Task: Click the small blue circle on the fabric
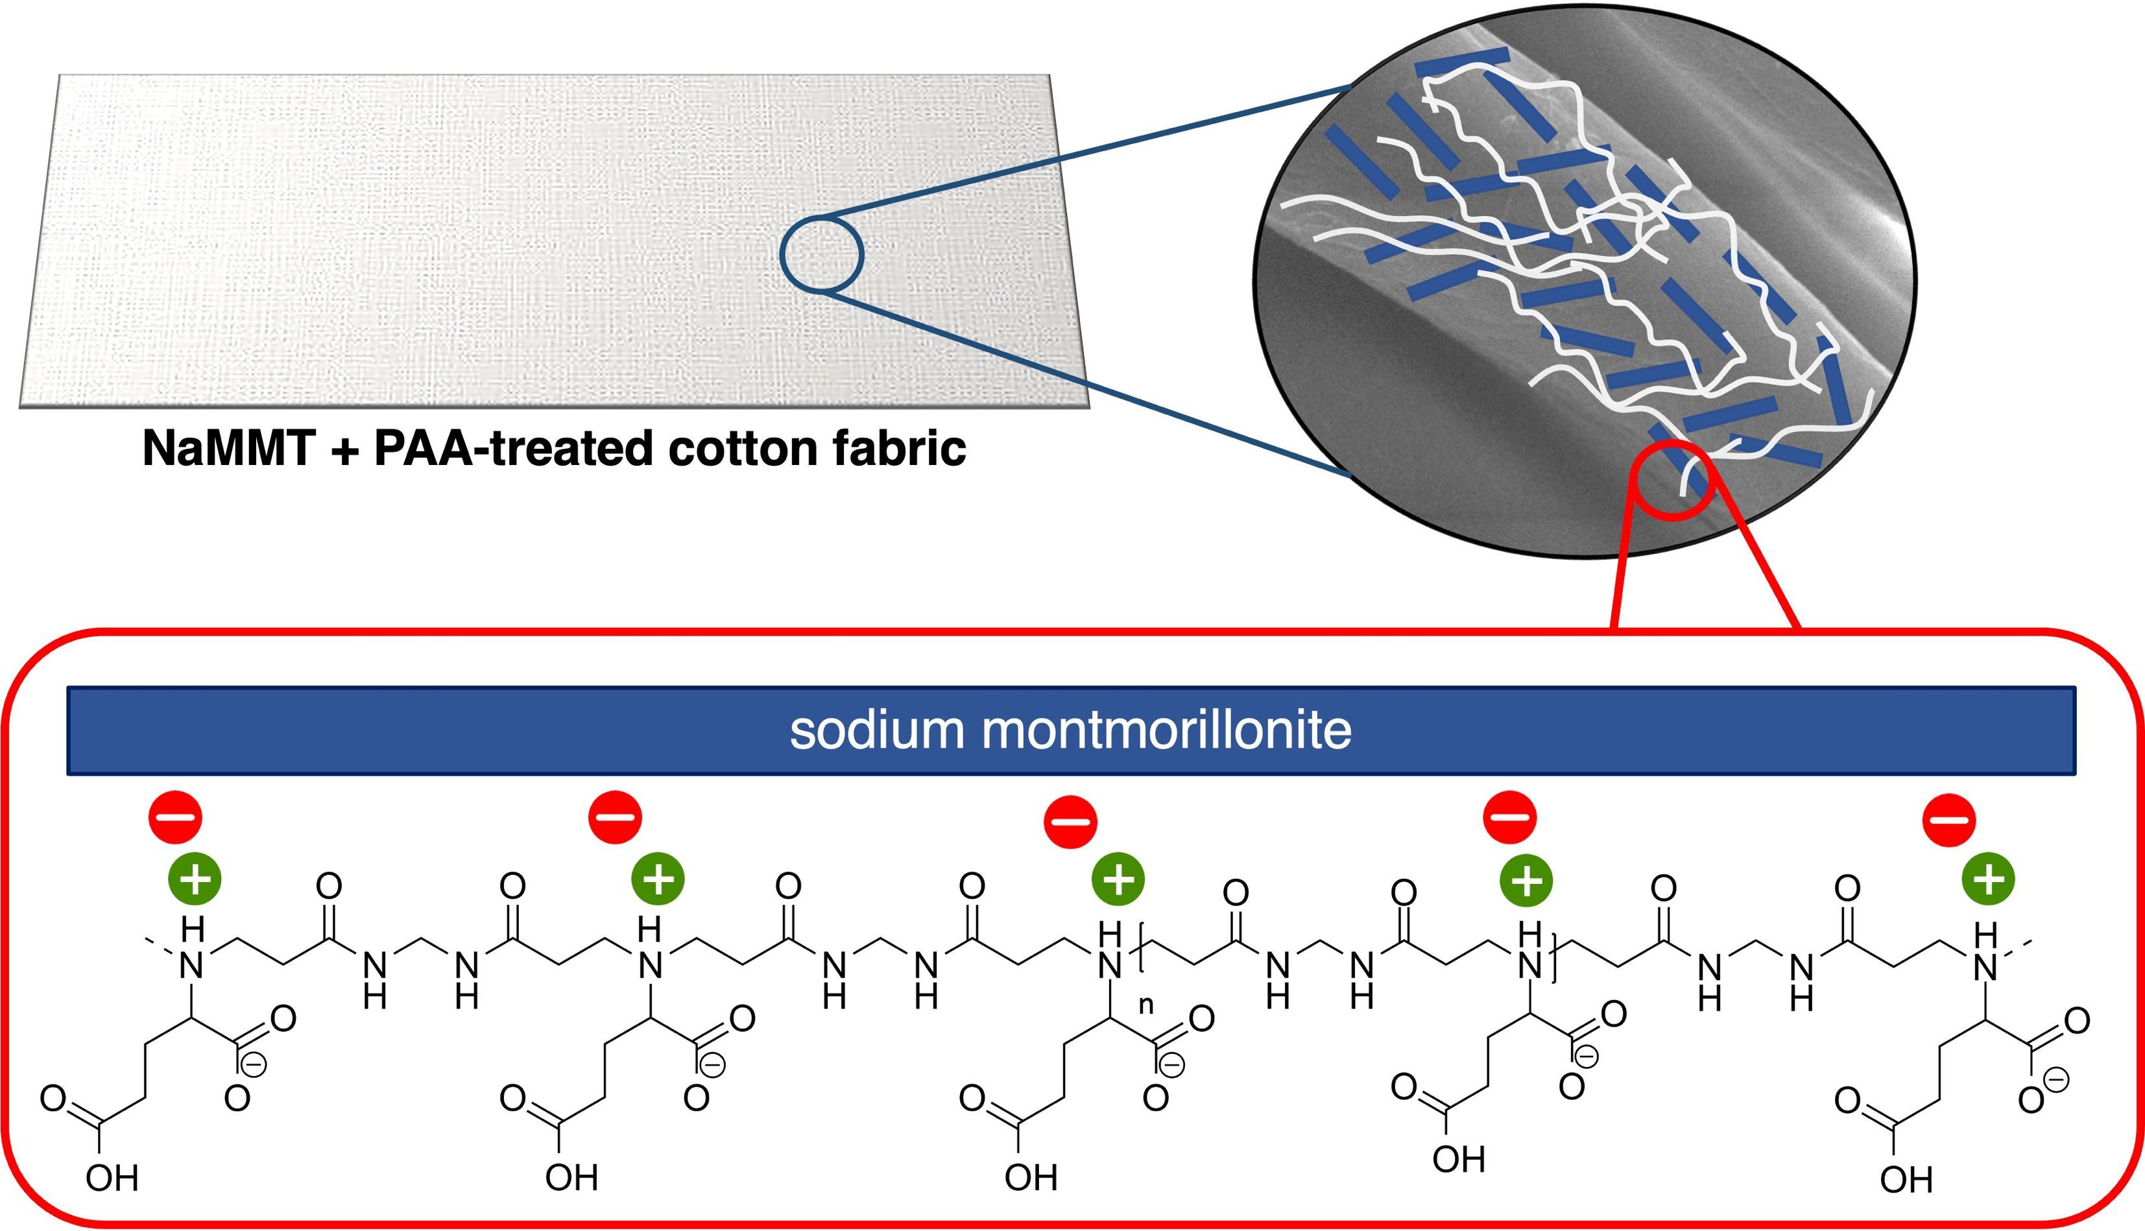[821, 254]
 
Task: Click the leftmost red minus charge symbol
[176, 818]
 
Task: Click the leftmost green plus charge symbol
[195, 879]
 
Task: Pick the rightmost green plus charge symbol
[1988, 879]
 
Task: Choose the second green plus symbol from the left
[658, 879]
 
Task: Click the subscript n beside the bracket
[1147, 1005]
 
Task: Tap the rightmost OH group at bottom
[1906, 1179]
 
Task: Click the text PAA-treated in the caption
[513, 449]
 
